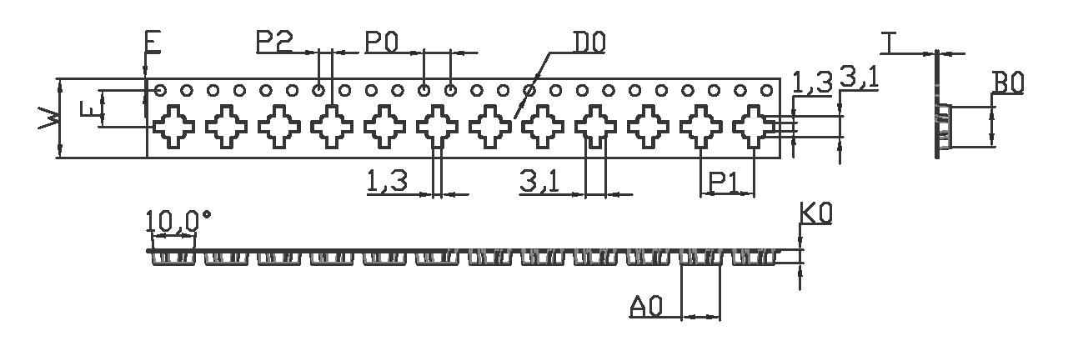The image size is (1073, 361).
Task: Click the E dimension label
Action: [153, 43]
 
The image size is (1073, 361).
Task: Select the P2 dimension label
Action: [274, 42]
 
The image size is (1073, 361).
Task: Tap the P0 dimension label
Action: [381, 42]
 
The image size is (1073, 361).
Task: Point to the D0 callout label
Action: [589, 42]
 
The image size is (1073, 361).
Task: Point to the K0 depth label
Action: [815, 215]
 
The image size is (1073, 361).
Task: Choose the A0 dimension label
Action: [645, 308]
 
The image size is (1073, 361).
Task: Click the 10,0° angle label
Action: [178, 221]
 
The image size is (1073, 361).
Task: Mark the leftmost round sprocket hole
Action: [161, 90]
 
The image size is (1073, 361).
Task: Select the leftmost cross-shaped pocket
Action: [174, 127]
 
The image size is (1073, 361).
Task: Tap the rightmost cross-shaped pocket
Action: [754, 127]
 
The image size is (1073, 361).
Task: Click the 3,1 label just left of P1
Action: [539, 180]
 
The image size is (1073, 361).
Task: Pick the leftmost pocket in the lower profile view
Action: [175, 258]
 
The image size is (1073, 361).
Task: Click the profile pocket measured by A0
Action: [701, 258]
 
